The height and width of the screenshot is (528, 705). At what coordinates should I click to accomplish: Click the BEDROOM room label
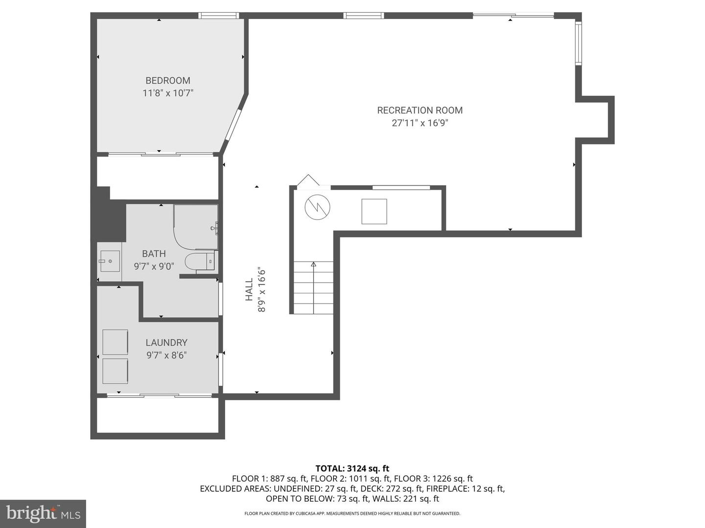pyautogui.click(x=167, y=81)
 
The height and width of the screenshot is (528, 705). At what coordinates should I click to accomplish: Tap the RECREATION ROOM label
pyautogui.click(x=420, y=110)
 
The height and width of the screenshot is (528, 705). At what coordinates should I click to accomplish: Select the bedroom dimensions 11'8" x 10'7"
pyautogui.click(x=167, y=93)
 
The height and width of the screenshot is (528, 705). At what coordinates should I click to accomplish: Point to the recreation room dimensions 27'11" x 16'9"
pyautogui.click(x=420, y=123)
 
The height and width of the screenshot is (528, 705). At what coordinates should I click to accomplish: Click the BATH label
pyautogui.click(x=154, y=254)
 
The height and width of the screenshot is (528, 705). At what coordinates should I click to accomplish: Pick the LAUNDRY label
pyautogui.click(x=166, y=343)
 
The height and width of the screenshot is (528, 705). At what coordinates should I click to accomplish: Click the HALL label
pyautogui.click(x=249, y=289)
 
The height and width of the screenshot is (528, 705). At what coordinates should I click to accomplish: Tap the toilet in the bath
pyautogui.click(x=200, y=262)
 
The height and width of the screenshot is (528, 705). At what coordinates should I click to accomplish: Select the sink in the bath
pyautogui.click(x=110, y=261)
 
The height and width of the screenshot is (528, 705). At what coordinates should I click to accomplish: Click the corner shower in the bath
pyautogui.click(x=196, y=227)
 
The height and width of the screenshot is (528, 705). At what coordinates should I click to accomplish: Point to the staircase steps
pyautogui.click(x=313, y=287)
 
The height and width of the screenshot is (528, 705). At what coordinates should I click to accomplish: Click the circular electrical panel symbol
pyautogui.click(x=317, y=207)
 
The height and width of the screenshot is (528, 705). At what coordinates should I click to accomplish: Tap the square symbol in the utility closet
pyautogui.click(x=374, y=211)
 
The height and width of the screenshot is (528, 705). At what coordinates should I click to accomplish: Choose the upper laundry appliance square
pyautogui.click(x=116, y=342)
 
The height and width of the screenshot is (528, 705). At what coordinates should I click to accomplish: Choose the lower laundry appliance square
pyautogui.click(x=116, y=371)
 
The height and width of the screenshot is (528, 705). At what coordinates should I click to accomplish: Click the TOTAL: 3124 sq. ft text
pyautogui.click(x=352, y=469)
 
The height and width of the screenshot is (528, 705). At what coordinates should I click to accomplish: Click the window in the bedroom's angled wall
pyautogui.click(x=233, y=125)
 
